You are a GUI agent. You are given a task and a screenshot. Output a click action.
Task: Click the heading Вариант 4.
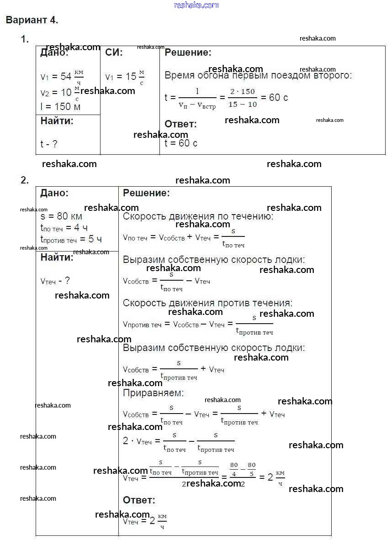coord(32,20)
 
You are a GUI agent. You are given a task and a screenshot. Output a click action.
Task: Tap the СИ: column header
coord(114,52)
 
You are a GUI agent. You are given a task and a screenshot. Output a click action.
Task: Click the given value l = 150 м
coord(60,106)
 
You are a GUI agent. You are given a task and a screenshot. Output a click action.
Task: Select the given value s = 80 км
coord(61,216)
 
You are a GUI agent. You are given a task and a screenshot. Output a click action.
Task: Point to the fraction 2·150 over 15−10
coord(242,98)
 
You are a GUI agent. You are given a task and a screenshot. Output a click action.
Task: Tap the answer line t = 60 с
coord(181,143)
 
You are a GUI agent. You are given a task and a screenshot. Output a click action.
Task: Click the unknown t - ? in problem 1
coord(49,144)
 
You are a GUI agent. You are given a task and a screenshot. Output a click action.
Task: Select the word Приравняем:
coord(153,393)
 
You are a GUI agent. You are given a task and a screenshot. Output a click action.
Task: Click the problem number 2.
coord(25,180)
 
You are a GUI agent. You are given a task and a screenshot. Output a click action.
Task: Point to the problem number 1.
coord(25,39)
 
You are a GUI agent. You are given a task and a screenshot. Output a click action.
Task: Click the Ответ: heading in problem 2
coord(139,500)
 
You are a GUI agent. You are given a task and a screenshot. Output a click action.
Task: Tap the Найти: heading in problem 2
coord(57,257)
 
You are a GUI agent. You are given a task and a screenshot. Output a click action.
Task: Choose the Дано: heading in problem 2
coord(54,193)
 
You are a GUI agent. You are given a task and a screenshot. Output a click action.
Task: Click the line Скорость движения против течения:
coord(207,303)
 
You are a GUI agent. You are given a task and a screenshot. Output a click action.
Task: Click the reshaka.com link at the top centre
coord(196,5)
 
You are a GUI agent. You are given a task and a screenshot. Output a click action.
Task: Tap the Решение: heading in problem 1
coord(188,52)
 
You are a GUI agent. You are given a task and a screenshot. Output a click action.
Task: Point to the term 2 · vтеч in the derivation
coord(138,441)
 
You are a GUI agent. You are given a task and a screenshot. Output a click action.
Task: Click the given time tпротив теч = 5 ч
coord(71,239)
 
